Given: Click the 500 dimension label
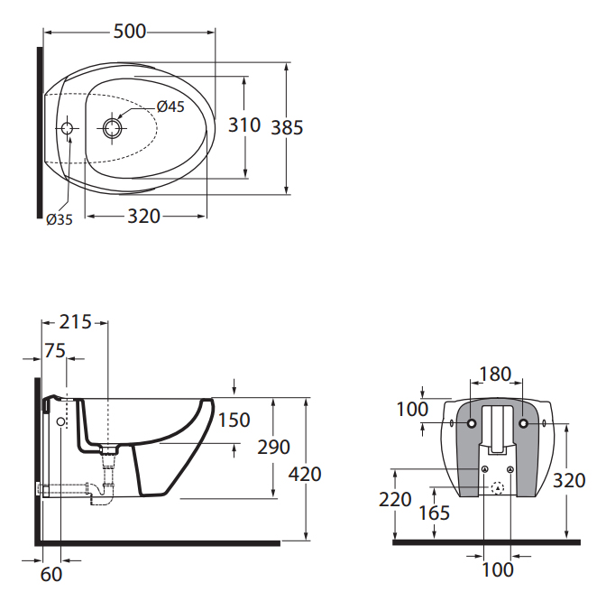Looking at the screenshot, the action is point(130,32).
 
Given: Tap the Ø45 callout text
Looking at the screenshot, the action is point(170,106).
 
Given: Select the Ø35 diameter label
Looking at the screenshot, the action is point(60,219).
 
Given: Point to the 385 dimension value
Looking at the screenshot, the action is point(287,127).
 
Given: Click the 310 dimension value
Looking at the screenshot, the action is point(244,125).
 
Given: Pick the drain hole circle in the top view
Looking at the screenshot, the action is point(113,128).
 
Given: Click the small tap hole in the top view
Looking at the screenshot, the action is point(68,127).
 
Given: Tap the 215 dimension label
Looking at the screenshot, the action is point(76,322).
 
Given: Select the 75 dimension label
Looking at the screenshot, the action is point(55,351).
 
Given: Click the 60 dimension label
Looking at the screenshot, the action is point(51,575).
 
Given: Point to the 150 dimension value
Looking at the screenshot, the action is point(234,420).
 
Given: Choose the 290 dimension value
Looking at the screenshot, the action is point(273,447).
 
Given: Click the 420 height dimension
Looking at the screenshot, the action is point(305,474).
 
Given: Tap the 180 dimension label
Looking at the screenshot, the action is point(495,374).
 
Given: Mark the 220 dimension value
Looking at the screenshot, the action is point(395,499).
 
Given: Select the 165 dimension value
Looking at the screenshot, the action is point(435,513).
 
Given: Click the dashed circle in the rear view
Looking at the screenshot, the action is point(498,488).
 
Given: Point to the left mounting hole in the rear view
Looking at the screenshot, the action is point(472,423).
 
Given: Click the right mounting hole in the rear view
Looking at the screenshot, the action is point(523,423).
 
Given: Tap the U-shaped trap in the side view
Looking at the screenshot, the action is point(102,496).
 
